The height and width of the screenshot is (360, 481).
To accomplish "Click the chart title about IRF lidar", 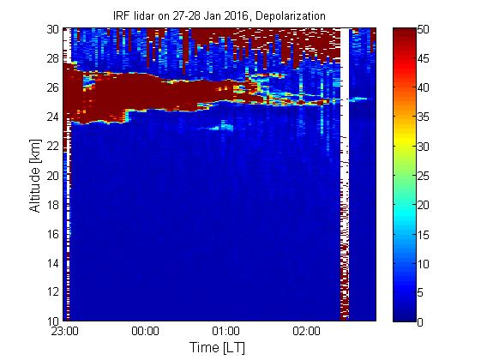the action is (219, 16).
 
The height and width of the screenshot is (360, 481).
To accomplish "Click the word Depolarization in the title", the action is (291, 16).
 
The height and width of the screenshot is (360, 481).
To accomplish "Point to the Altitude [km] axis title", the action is (35, 176).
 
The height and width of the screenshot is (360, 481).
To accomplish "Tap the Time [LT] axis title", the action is (217, 347).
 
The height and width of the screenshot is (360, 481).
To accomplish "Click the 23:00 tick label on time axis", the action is (64, 331).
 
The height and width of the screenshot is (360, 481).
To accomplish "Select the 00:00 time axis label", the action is (145, 331).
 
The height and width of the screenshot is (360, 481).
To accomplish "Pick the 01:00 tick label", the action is (225, 331).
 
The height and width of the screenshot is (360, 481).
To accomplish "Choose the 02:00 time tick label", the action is (306, 331).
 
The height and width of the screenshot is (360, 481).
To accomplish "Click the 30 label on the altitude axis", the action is (53, 29).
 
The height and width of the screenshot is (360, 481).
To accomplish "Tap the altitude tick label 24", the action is (53, 117).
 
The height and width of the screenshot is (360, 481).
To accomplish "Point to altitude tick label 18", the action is (53, 205).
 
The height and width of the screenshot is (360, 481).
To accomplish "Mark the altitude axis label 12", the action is (53, 291).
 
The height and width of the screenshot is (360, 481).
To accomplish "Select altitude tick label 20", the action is (53, 176).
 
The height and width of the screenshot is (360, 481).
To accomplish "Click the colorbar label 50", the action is (423, 30).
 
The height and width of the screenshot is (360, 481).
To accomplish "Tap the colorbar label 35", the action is (423, 117).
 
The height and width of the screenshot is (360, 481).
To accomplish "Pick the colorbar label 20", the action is (423, 205).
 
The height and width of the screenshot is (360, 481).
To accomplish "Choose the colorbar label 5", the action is (420, 292).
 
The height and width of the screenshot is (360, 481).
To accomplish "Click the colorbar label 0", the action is (420, 322).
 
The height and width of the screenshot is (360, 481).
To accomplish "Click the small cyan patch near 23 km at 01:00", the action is (222, 126).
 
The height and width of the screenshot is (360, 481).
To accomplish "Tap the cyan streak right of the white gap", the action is (358, 99).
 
